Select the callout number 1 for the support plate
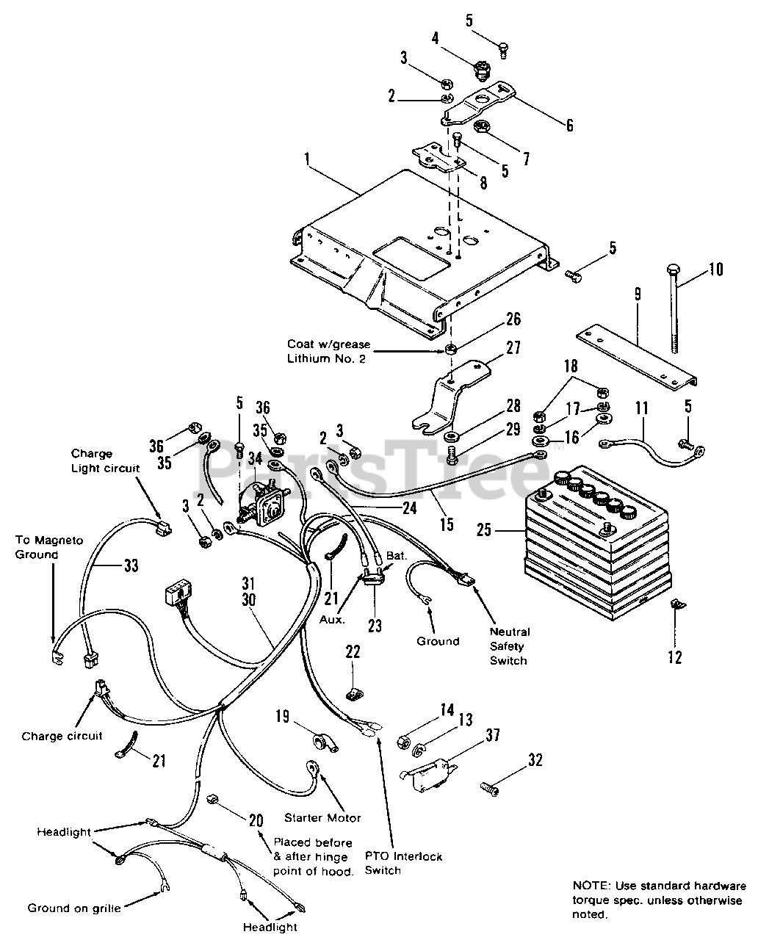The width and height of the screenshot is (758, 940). pos(308,159)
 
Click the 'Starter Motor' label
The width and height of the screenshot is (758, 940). pos(322,817)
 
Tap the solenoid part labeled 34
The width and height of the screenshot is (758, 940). pos(261,502)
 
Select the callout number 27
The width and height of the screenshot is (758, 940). pos(513,347)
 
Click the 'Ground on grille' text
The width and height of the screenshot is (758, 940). pos(74,908)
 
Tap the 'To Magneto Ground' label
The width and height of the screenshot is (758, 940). pos(49,547)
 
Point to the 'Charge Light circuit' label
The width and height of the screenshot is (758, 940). pos(105,461)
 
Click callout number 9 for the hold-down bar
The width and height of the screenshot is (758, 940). pos(638,294)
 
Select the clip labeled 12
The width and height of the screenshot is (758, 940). pos(678,604)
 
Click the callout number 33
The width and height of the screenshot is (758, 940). pos(131,565)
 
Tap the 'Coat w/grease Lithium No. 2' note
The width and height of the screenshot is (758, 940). pos(328,351)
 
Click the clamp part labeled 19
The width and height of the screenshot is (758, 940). pos(325,743)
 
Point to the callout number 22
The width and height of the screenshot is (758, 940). pos(353,651)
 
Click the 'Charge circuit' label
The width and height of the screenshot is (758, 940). pos(62,736)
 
